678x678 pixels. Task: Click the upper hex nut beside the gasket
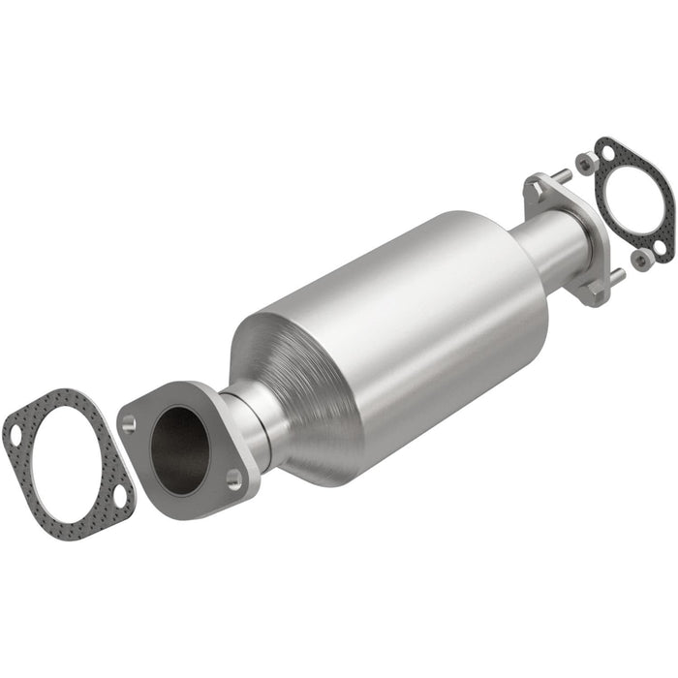[585, 164]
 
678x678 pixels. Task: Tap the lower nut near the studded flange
[639, 259]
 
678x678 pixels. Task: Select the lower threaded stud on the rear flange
[616, 275]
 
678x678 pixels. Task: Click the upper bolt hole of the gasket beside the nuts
[606, 152]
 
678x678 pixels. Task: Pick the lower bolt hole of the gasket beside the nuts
[661, 248]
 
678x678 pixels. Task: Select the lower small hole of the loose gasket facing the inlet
[118, 496]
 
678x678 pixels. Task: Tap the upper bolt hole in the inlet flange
[129, 422]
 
